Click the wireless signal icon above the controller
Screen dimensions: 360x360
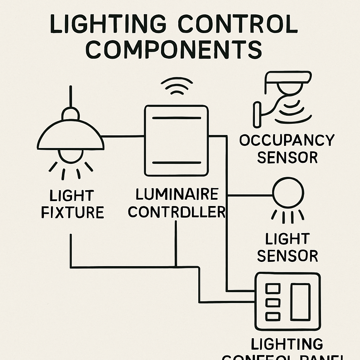[176, 86]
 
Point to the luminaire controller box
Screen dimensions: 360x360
[176, 140]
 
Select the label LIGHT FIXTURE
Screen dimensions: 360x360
[72, 204]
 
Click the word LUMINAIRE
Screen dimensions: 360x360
[177, 194]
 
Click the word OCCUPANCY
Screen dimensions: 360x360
[287, 140]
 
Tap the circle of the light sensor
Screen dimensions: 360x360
[288, 193]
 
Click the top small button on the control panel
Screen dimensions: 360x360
[273, 289]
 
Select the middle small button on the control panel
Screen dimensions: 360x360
[273, 303]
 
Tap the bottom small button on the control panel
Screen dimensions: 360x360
[273, 316]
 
